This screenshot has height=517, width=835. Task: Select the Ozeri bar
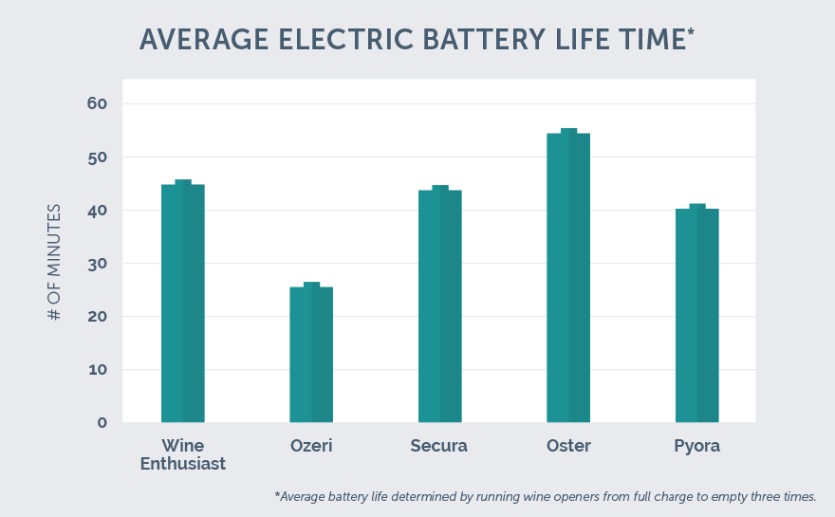click(x=311, y=353)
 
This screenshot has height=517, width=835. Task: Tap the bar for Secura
click(x=440, y=305)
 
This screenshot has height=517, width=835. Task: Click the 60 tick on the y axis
click(x=97, y=103)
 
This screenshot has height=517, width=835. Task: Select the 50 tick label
click(x=97, y=157)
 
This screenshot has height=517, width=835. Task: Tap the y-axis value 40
click(x=97, y=210)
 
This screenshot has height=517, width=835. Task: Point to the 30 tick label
click(x=97, y=263)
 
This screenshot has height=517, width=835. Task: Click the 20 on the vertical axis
click(x=97, y=316)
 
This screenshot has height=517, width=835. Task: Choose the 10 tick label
click(x=97, y=369)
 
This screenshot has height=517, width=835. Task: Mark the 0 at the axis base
click(x=102, y=422)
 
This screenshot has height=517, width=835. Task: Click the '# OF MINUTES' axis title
click(x=54, y=262)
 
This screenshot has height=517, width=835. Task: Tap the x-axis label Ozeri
click(x=311, y=446)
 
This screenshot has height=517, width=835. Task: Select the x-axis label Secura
click(x=439, y=446)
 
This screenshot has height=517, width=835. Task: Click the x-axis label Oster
click(x=568, y=446)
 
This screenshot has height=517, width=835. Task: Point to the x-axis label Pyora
click(x=697, y=446)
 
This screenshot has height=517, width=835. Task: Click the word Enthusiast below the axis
click(x=183, y=464)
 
